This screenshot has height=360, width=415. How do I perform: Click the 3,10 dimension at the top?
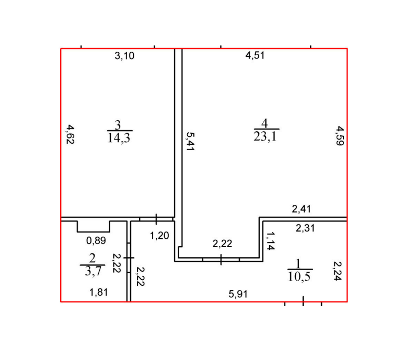tap(124, 56)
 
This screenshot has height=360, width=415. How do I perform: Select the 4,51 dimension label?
tap(255, 55)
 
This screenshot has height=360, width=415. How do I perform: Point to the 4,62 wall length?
tap(70, 134)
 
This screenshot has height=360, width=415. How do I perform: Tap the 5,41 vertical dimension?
tap(190, 141)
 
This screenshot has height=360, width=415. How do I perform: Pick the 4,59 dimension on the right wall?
tap(340, 136)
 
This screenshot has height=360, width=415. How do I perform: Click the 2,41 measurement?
tap(302, 209)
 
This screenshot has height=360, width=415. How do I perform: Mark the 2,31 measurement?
tap(305, 228)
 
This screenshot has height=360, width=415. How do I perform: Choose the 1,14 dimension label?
tap(271, 241)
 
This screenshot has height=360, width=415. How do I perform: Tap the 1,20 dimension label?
tap(159, 236)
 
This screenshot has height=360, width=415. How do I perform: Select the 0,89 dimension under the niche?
tap(96, 240)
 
